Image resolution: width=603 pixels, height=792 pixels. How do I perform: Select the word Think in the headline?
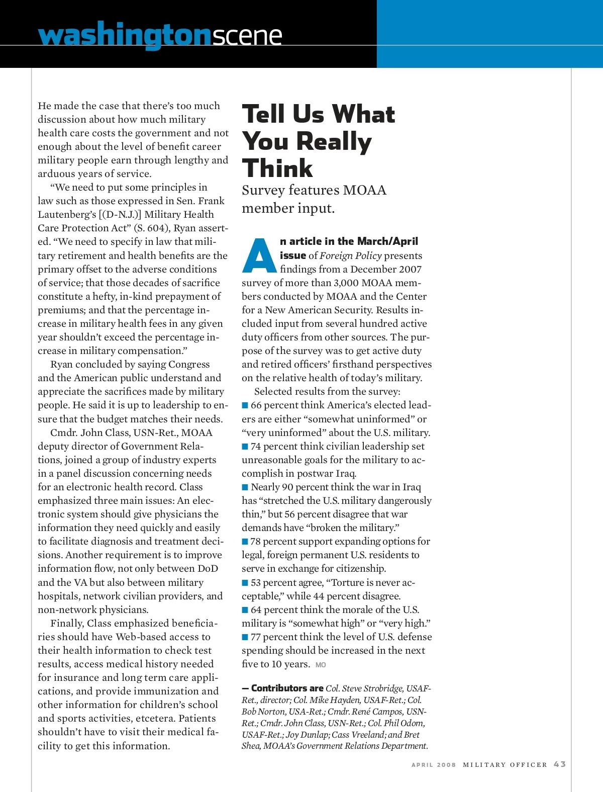click(x=277, y=168)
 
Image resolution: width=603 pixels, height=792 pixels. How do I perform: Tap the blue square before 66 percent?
click(x=245, y=405)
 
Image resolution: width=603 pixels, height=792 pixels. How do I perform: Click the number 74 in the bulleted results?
click(x=256, y=446)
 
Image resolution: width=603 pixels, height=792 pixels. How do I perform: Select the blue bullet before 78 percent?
click(x=245, y=542)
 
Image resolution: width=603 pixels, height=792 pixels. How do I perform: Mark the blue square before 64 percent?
click(x=245, y=610)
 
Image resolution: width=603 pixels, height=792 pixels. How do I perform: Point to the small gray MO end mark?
click(x=321, y=665)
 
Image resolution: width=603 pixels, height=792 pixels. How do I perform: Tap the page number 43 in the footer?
click(x=560, y=764)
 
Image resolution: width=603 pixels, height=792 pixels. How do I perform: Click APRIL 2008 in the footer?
click(x=434, y=765)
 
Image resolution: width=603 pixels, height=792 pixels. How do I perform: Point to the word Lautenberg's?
click(x=68, y=214)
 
